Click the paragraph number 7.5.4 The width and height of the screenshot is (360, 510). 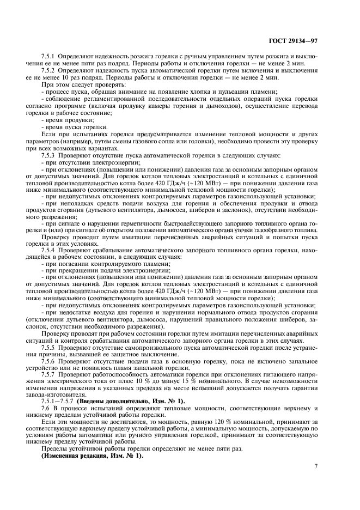point(50,248)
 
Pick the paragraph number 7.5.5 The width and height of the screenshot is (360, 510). point(50,347)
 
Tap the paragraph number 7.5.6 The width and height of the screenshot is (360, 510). point(50,361)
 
